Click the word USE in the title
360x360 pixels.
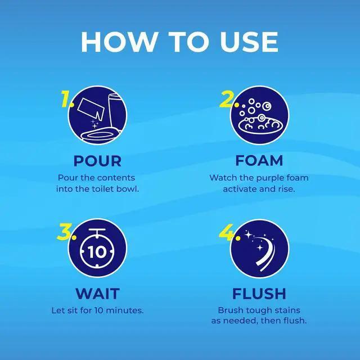click(249, 42)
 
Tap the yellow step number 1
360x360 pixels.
click(67, 99)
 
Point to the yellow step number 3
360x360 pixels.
click(66, 232)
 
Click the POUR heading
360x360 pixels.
click(97, 161)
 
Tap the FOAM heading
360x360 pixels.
click(259, 160)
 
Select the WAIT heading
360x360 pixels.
click(97, 294)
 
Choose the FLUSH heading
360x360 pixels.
click(259, 294)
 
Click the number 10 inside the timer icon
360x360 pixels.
click(97, 252)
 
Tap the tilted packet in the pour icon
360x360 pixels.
click(91, 109)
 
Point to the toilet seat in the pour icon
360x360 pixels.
click(101, 135)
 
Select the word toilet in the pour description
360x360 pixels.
click(103, 189)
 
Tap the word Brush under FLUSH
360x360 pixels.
click(231, 310)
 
